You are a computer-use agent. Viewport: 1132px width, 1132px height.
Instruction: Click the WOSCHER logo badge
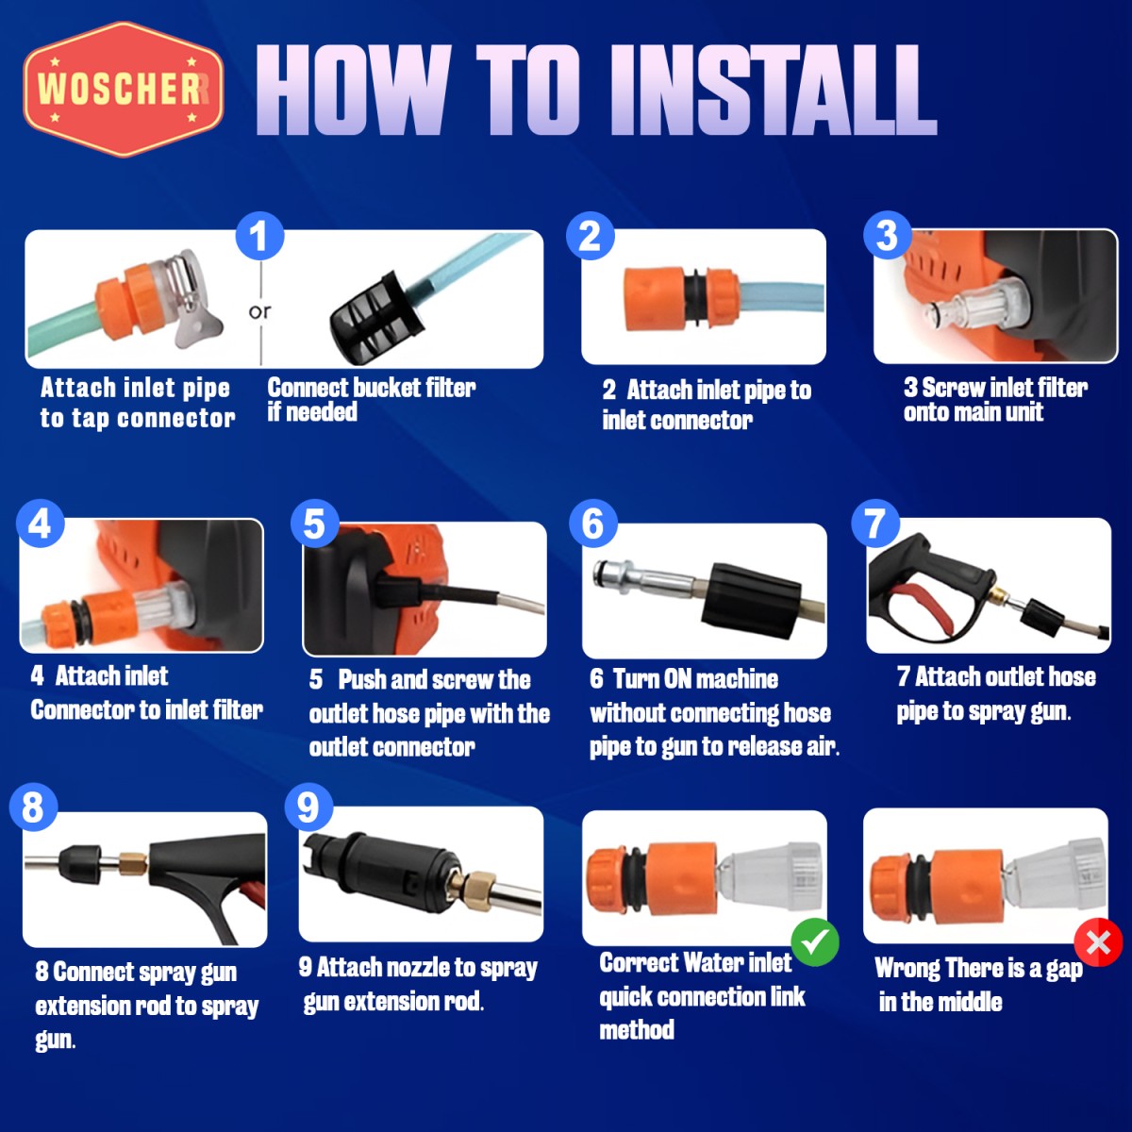click(x=124, y=90)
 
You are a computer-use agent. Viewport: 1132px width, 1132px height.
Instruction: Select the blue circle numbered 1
click(x=259, y=236)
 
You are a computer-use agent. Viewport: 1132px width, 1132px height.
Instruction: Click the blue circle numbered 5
click(x=315, y=524)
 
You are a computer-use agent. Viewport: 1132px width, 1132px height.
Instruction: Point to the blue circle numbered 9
click(x=309, y=807)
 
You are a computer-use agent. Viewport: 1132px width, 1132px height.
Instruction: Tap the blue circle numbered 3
click(x=887, y=235)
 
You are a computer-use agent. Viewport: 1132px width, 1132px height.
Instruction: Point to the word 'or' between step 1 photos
click(x=260, y=312)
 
